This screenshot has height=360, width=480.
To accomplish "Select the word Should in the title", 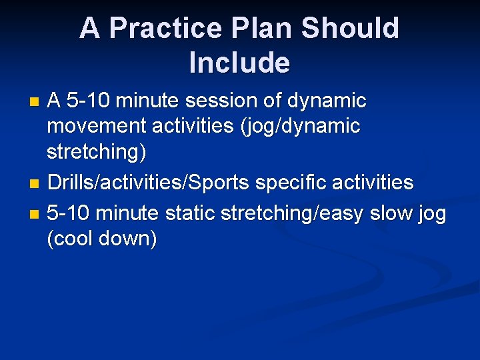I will coord(350,29).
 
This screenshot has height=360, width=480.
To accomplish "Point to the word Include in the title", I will coord(239,63).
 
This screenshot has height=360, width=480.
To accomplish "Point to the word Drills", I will coord(69,182).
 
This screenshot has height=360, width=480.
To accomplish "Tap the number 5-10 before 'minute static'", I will coord(70,213).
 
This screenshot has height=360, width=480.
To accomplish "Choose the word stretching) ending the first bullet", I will coord(96,152).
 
